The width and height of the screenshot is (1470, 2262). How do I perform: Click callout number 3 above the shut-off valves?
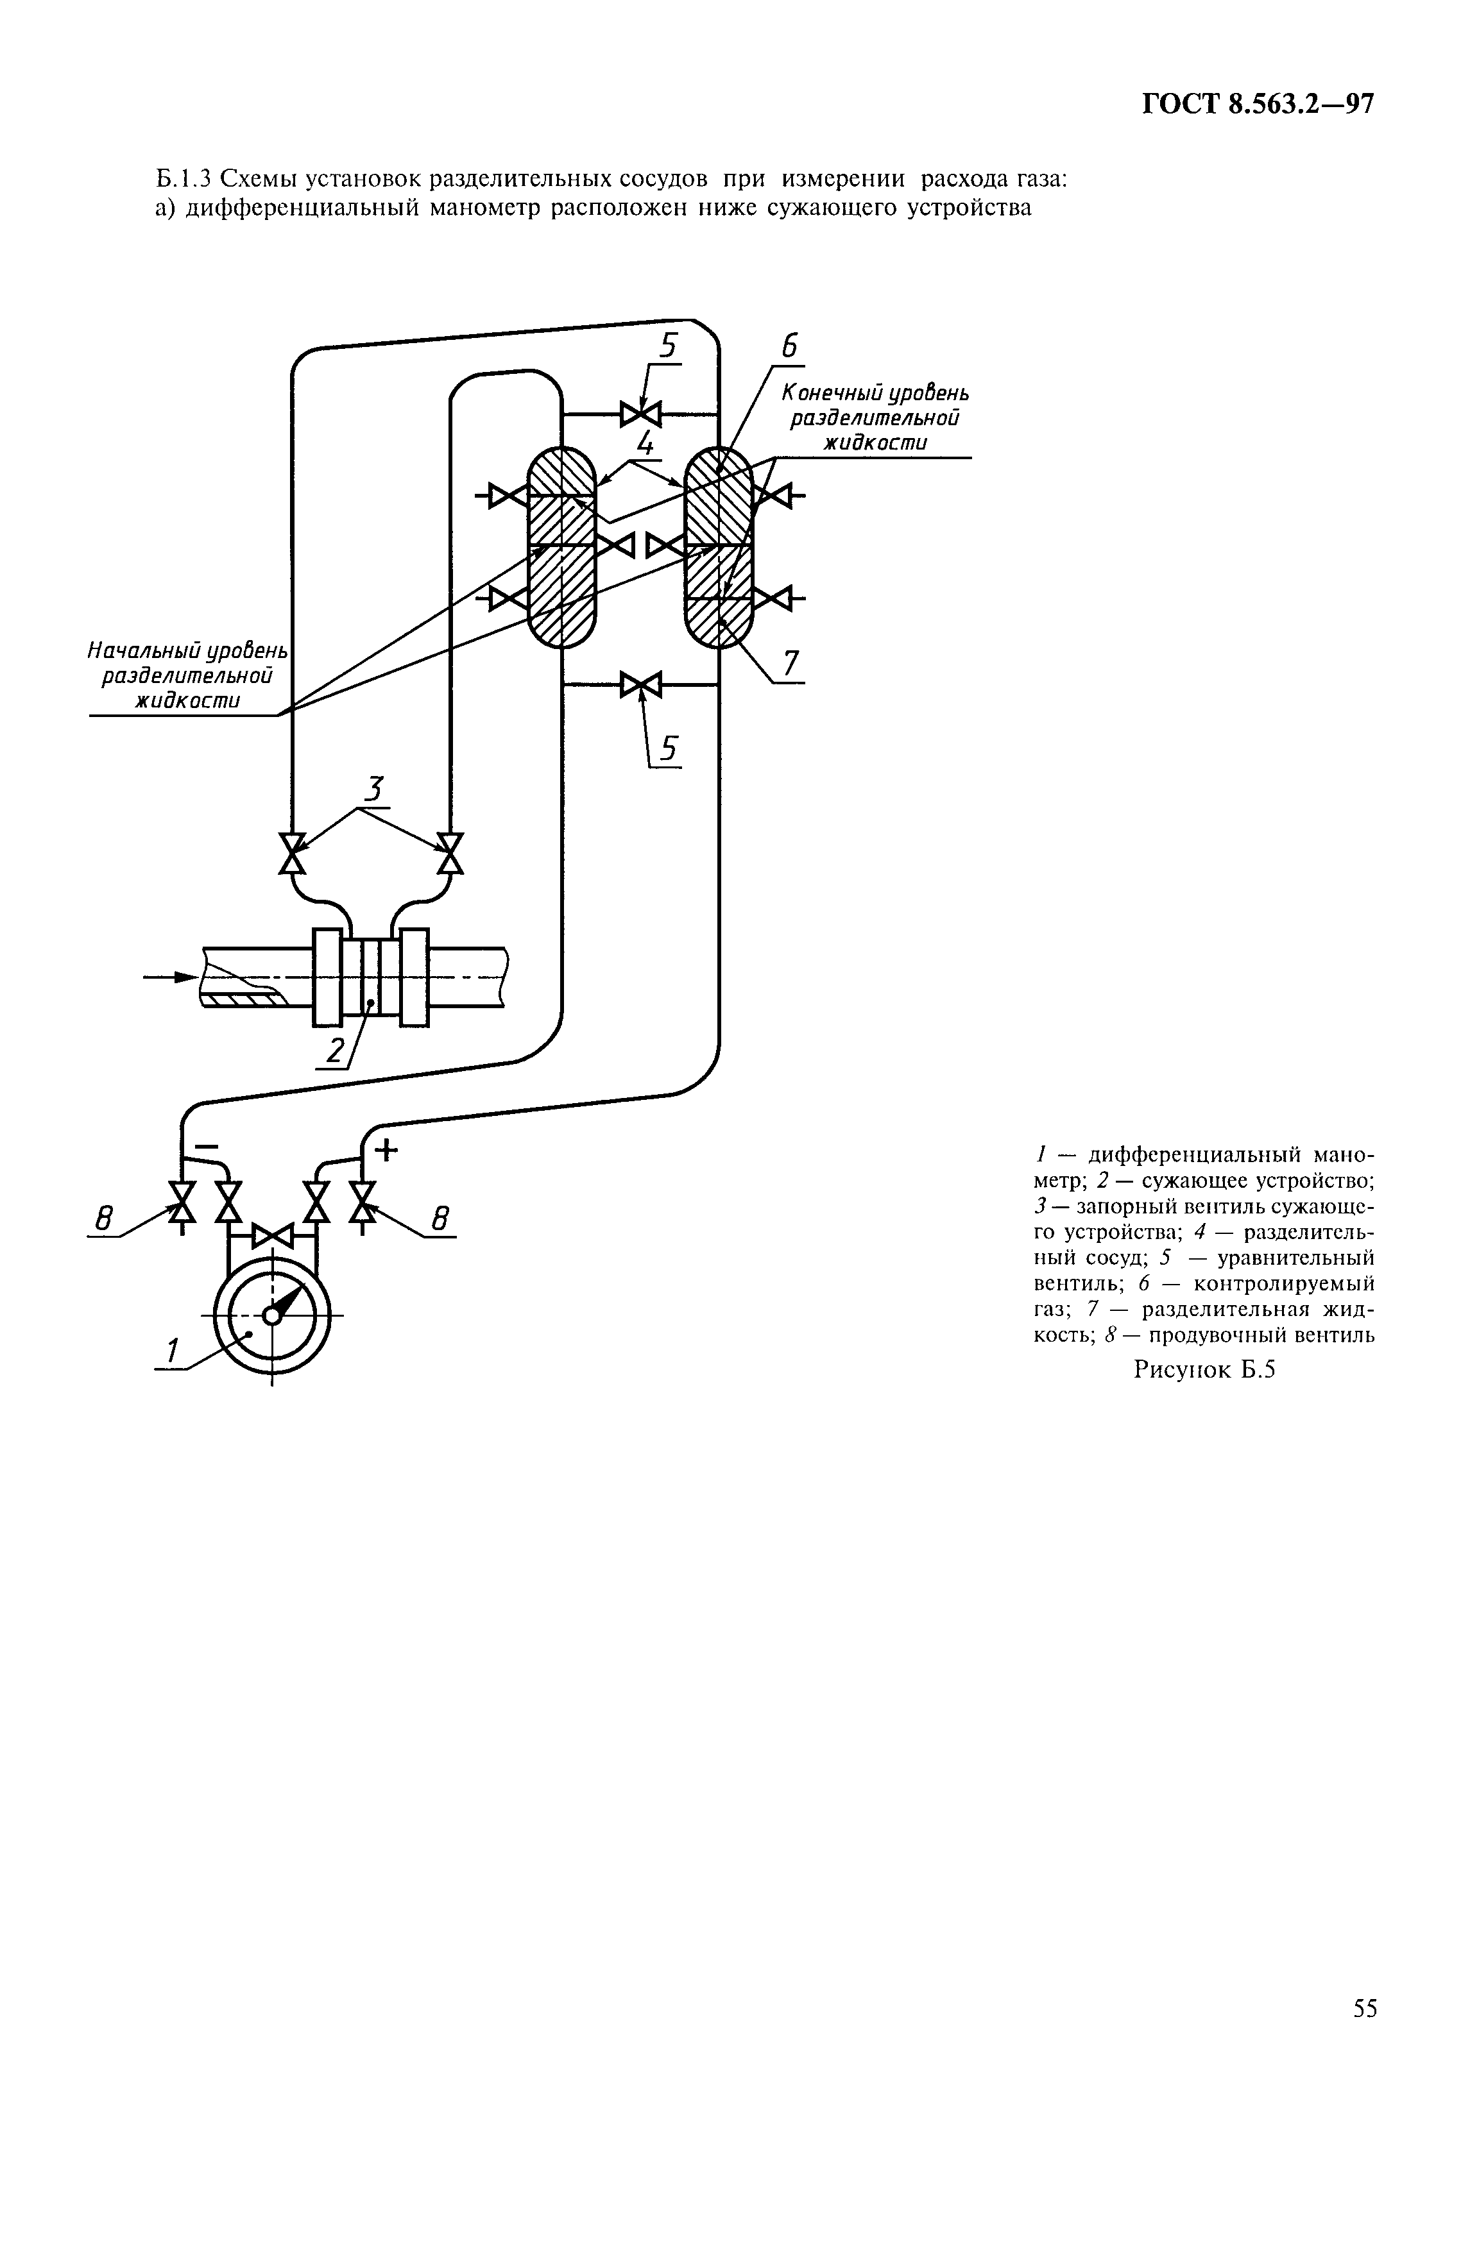tap(375, 789)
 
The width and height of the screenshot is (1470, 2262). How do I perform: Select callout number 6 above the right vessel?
tap(789, 347)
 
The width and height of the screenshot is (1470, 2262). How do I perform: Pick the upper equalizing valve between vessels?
tap(640, 414)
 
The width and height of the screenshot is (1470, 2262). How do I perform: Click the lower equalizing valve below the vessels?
tap(640, 684)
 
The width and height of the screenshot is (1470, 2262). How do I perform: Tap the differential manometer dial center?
tap(272, 1315)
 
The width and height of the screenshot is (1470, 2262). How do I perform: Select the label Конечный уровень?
tap(875, 392)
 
